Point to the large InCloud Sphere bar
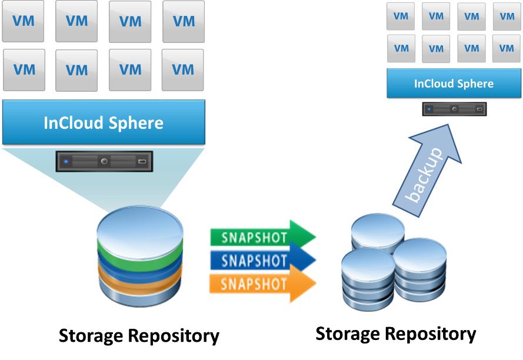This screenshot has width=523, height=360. tap(104, 123)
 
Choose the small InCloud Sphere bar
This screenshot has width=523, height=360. tap(454, 84)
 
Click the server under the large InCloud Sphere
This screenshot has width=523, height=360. tap(104, 161)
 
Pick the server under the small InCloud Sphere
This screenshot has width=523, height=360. tap(454, 109)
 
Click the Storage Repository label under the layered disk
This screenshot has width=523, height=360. tap(139, 336)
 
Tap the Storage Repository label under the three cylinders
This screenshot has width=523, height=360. tap(395, 334)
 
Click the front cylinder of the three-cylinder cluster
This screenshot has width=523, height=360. tap(367, 276)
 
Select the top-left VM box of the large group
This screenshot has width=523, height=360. tap(24, 21)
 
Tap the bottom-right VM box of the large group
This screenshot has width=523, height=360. tap(183, 70)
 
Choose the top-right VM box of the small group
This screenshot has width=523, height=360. tap(507, 16)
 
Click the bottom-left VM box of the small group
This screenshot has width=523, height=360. tap(401, 49)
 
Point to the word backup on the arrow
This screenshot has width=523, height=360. tap(425, 175)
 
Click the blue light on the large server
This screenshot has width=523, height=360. tap(66, 161)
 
